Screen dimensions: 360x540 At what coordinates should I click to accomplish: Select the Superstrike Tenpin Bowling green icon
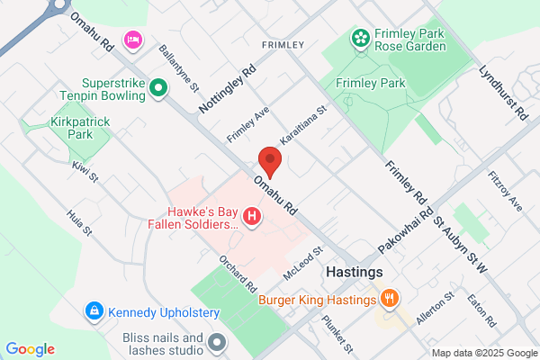click(x=158, y=88)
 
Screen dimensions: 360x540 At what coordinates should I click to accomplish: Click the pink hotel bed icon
click(x=133, y=39)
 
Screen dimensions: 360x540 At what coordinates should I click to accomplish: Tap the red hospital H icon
click(x=253, y=217)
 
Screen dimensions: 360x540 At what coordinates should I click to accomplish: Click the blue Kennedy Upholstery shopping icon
click(x=94, y=311)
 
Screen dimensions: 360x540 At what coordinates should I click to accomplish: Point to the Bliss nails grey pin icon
click(x=217, y=342)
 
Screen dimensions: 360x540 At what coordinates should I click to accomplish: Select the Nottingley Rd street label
click(x=228, y=86)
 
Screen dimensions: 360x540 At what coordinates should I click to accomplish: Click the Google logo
click(x=31, y=349)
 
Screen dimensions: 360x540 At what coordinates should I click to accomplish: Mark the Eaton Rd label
click(x=482, y=309)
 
